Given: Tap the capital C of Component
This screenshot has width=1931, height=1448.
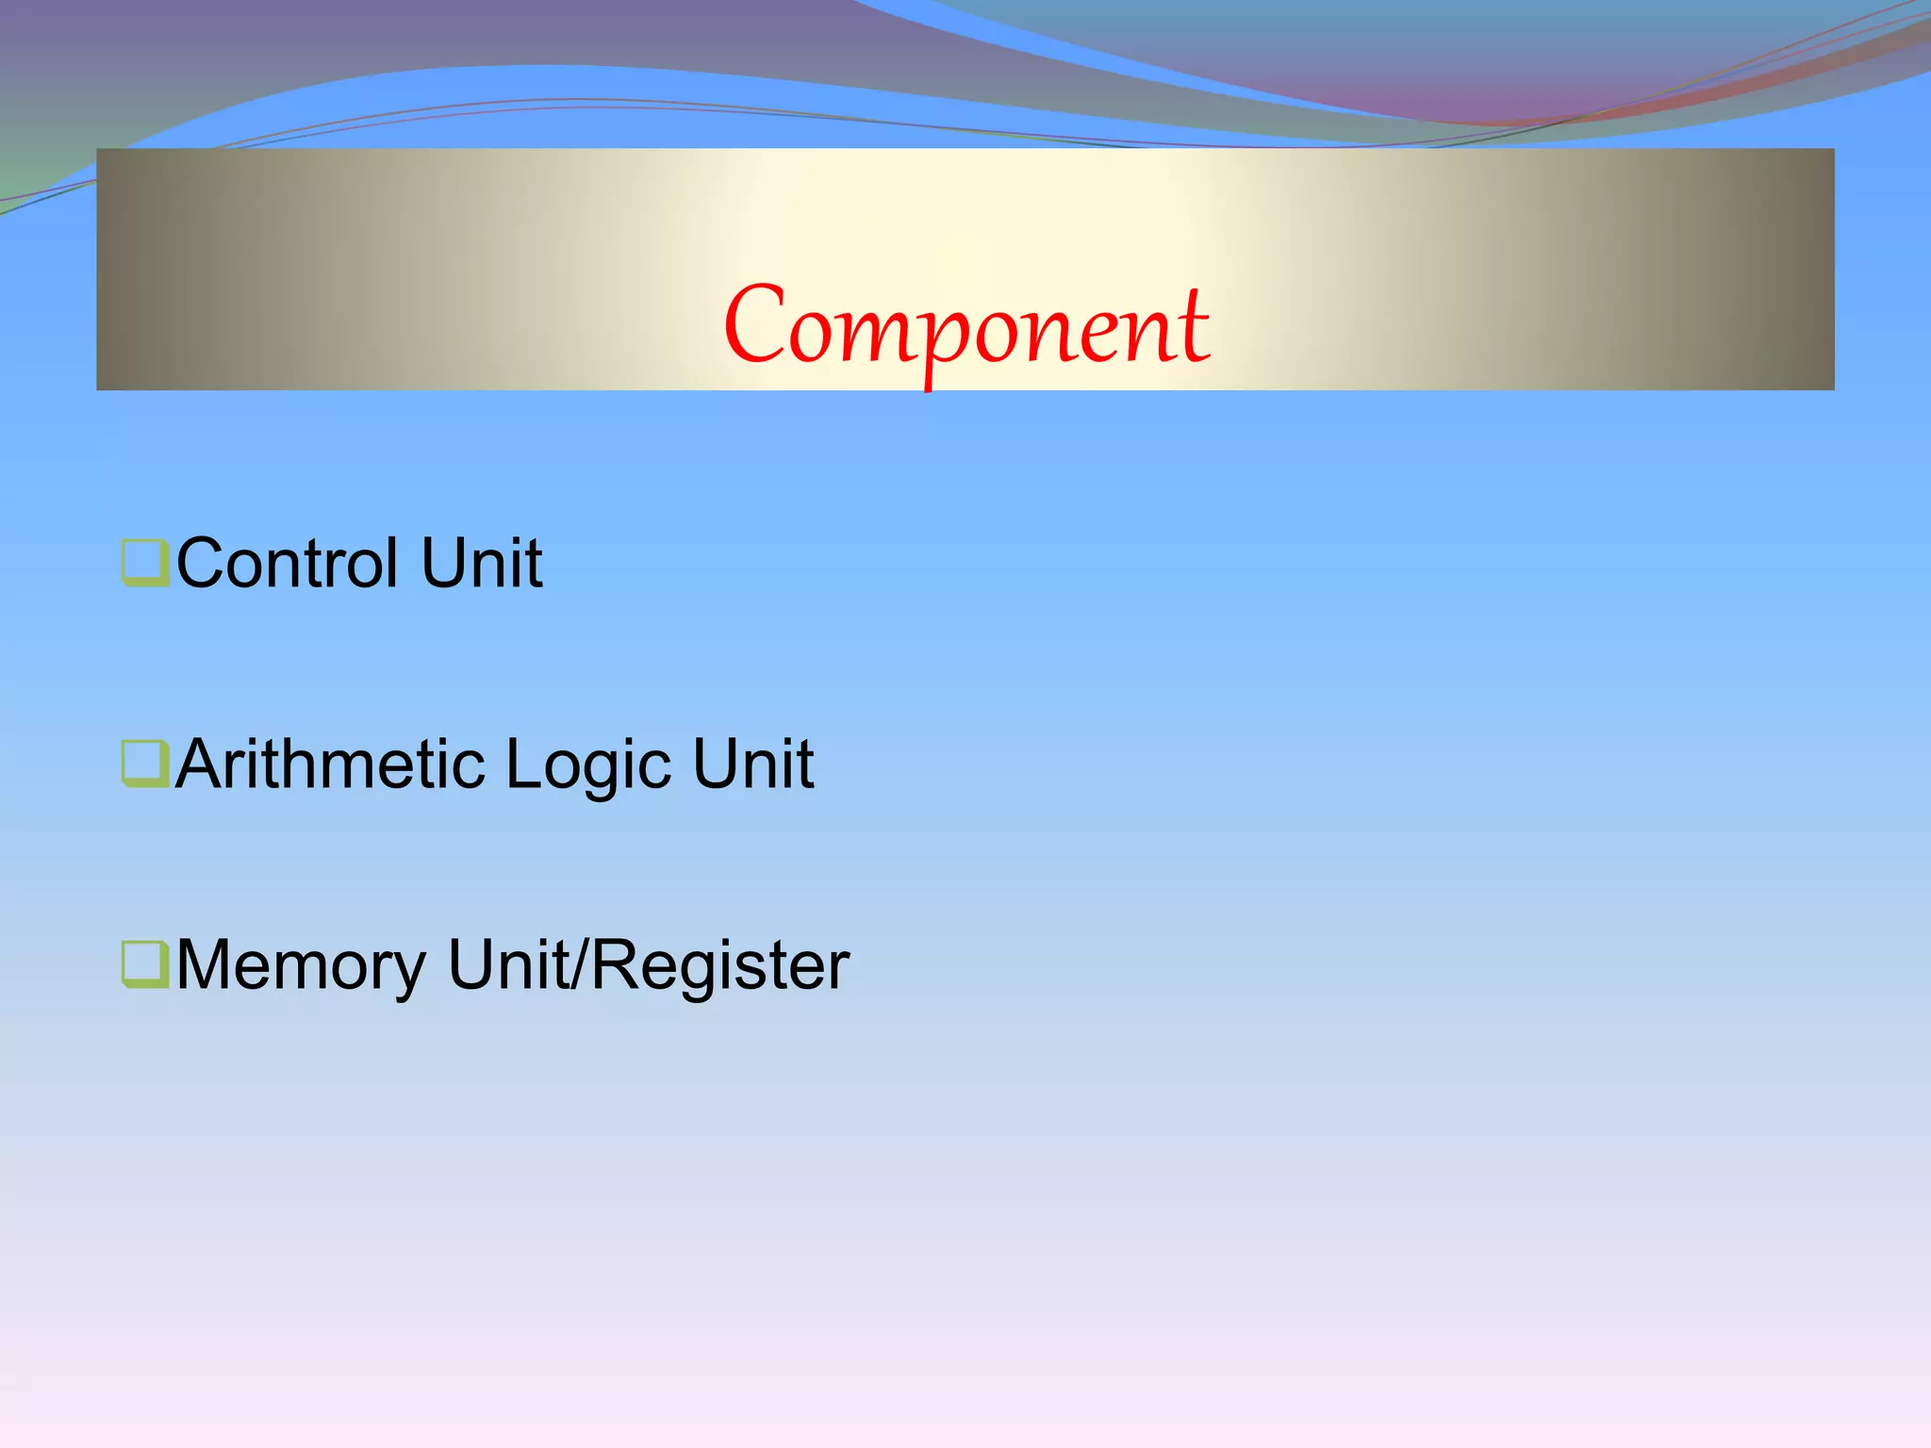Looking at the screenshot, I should pos(754,325).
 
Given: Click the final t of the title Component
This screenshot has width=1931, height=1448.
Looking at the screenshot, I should pos(1195,325).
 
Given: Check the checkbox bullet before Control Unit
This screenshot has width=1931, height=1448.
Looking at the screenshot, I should pos(144,562).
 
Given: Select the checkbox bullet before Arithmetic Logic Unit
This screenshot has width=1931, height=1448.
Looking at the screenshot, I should pos(144,764).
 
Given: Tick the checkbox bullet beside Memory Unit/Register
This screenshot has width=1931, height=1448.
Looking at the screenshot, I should pos(144,964).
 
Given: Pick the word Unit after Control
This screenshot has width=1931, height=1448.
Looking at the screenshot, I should pos(482,564).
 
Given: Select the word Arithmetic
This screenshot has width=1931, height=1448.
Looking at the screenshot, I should pos(330,765).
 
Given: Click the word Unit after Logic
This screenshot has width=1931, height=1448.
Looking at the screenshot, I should pos(752,765).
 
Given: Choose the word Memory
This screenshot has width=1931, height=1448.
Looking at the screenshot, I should pos(301,966).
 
